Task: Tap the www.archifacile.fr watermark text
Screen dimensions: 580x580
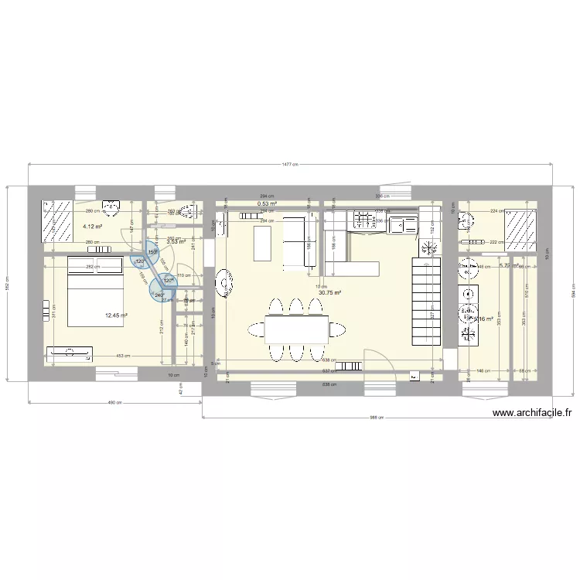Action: click(x=532, y=413)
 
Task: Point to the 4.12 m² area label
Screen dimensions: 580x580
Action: click(x=93, y=227)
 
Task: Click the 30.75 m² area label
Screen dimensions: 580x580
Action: click(x=330, y=292)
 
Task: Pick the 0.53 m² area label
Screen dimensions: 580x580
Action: click(x=268, y=204)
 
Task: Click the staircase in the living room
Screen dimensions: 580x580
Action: click(x=427, y=302)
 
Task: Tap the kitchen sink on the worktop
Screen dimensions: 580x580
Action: click(x=403, y=225)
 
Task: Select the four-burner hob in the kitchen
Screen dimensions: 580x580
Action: click(x=361, y=220)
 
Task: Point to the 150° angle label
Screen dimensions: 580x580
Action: click(x=152, y=251)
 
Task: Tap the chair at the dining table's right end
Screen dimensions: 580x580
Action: click(x=338, y=330)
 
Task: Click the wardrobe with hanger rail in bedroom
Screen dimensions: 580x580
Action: click(x=69, y=354)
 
